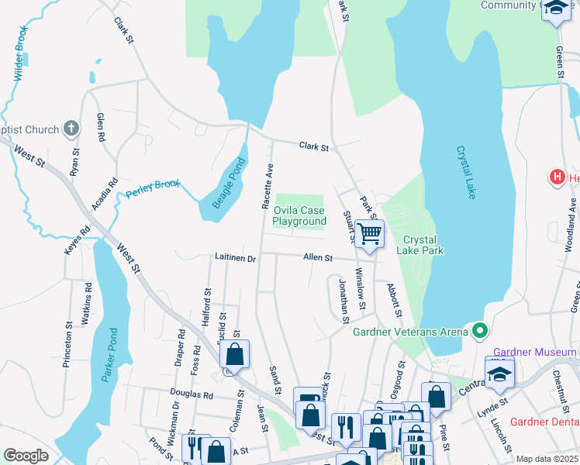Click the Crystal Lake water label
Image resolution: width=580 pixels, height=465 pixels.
coord(465,173)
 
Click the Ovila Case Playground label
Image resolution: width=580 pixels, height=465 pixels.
coord(299,216)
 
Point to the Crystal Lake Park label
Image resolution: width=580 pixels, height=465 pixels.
coord(419,245)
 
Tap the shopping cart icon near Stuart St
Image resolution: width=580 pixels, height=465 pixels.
coord(370,232)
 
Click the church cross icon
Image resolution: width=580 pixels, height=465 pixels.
coord(71,129)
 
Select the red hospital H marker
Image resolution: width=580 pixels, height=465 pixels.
coord(556,177)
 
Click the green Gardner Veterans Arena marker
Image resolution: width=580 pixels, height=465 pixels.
coord(480,332)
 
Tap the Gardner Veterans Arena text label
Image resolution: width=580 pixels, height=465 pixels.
coord(410,332)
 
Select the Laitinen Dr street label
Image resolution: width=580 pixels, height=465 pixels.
coord(235,257)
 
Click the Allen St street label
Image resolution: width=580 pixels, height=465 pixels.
coord(318,257)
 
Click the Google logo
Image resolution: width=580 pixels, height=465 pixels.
coord(26,456)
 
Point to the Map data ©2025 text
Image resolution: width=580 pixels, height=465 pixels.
coord(547,459)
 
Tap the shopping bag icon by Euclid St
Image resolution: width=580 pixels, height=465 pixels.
coord(235,354)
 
